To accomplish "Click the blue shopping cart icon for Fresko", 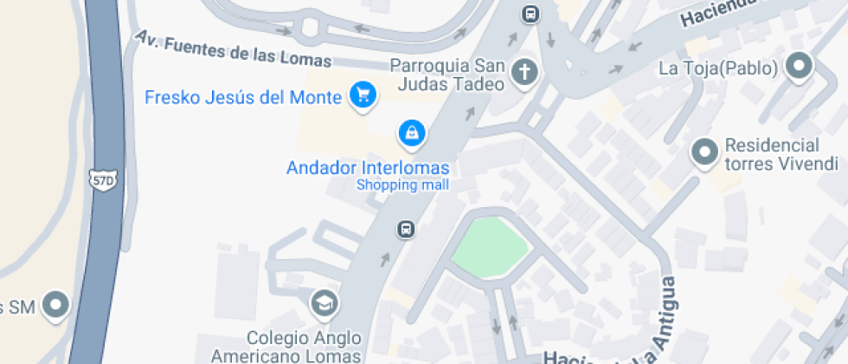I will pos(362,95).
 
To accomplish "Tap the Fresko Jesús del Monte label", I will pos(243,97).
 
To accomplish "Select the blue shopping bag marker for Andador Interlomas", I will pos(411,133).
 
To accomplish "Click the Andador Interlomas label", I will pos(368,166).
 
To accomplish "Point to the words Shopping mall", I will pos(402,185).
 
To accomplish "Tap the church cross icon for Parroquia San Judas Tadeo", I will pos(524,74).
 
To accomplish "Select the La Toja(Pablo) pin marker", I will pos(798,66).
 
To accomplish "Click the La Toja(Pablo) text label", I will pos(718,68).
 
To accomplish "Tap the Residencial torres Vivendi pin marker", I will pos(704,153).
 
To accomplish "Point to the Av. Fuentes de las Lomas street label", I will pos(234,49).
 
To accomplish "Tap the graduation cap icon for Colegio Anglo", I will pos(325,303).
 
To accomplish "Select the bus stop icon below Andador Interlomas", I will pos(404,230).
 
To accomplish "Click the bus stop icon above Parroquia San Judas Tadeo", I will pos(530,15).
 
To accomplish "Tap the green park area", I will pos(489,248).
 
